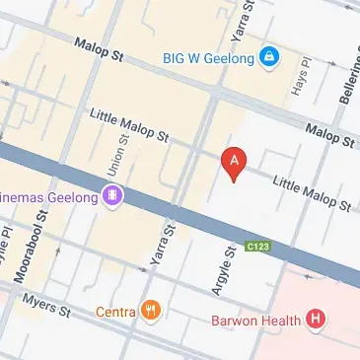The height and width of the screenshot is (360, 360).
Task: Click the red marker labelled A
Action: [234, 163]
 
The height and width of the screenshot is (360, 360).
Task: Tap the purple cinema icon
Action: [114, 197]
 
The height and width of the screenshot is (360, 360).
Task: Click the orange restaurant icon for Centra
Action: [150, 313]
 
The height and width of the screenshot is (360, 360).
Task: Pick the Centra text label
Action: [115, 313]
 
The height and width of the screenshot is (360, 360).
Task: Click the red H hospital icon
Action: [316, 319]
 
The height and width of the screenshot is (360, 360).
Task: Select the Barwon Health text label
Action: [256, 320]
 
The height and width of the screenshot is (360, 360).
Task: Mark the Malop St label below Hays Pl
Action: [327, 134]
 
